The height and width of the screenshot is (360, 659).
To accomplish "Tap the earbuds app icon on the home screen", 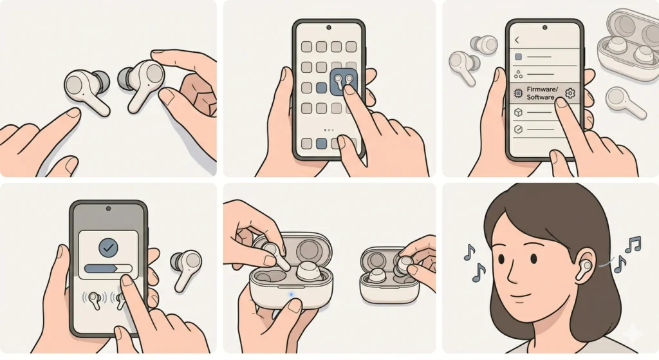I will (342, 84).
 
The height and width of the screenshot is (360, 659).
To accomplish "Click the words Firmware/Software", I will (540, 93).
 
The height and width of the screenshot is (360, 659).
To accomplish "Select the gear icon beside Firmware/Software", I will (570, 94).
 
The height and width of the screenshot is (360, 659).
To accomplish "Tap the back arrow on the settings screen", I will (517, 40).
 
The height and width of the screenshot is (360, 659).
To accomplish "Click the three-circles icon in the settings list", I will (518, 75).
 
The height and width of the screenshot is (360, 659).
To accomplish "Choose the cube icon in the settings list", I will (518, 113).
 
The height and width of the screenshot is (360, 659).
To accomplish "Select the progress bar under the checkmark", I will (107, 269).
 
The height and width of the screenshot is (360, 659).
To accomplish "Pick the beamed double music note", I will (633, 244).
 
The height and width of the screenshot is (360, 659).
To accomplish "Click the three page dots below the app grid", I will (329, 129).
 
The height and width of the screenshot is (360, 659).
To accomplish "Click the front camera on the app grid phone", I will (329, 28).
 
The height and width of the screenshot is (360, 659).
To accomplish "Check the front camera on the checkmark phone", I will (108, 210).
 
